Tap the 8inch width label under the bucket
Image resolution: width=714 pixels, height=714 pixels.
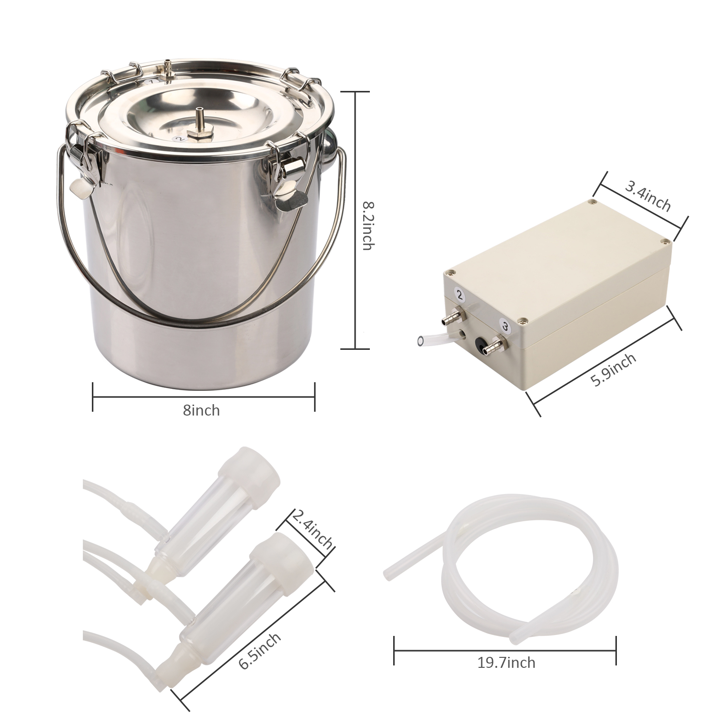(x=201, y=410)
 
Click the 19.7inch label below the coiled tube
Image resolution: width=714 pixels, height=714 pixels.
(x=506, y=662)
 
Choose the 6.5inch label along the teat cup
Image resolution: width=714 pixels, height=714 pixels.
(x=260, y=651)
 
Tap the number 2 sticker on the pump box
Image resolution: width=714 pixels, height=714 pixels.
(x=459, y=296)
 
